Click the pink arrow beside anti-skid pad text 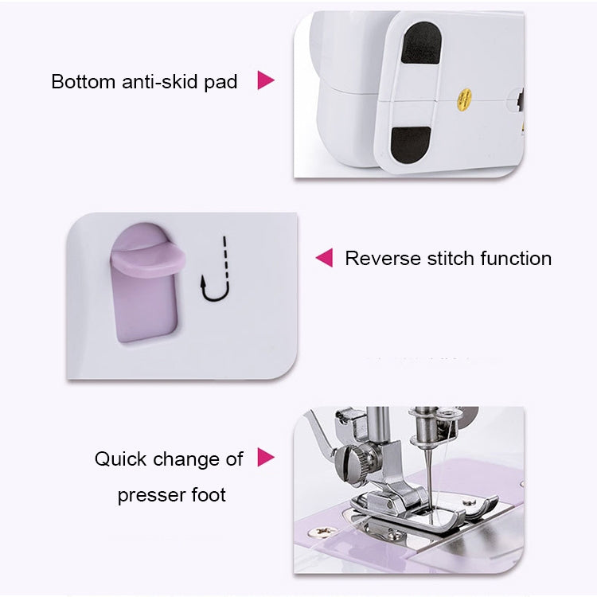point(266,80)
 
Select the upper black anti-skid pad point(420,44)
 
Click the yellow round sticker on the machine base point(460,100)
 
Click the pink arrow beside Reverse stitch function point(324,258)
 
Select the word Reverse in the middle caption point(383,259)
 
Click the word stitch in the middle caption point(451,259)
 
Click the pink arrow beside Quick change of point(266,458)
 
